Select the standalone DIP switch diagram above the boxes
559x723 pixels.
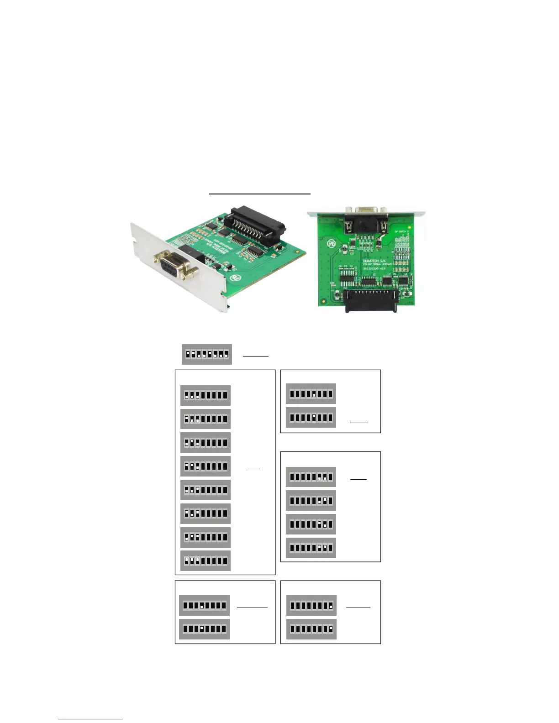(x=207, y=355)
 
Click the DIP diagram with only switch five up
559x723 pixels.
(x=311, y=393)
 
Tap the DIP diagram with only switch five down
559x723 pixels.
(x=311, y=417)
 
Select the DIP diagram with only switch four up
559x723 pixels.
(x=204, y=606)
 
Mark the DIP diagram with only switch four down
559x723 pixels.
(x=204, y=629)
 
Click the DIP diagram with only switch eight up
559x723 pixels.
(x=311, y=606)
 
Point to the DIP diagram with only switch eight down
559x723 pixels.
(x=311, y=629)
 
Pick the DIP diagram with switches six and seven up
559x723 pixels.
(x=311, y=477)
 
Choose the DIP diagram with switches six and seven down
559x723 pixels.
(x=311, y=548)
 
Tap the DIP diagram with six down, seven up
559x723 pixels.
(x=311, y=501)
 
